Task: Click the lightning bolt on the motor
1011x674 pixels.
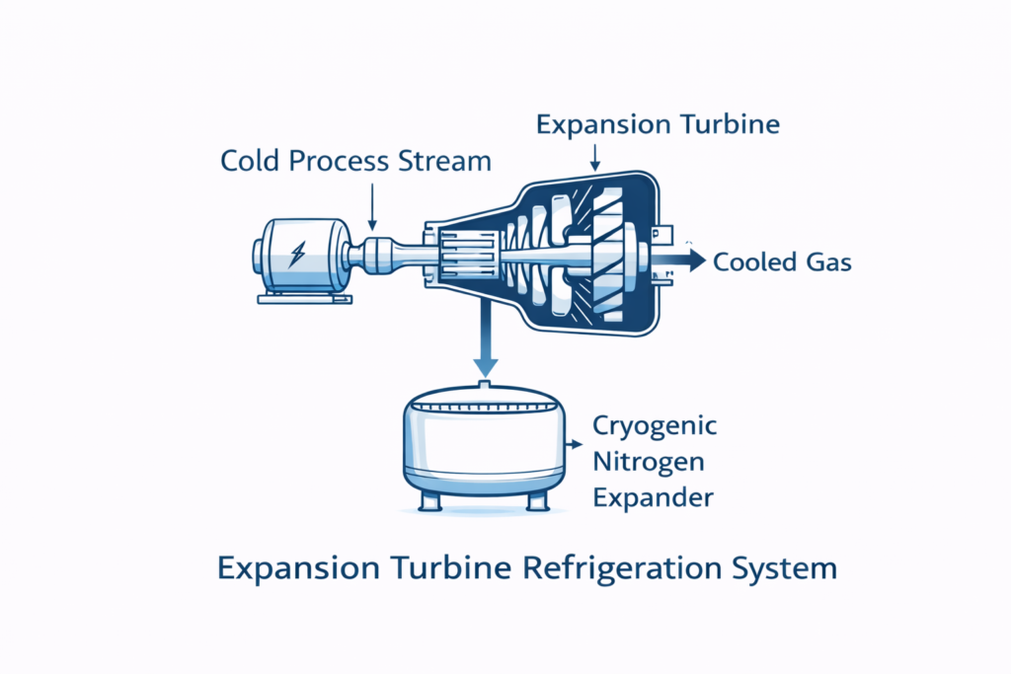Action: click(297, 256)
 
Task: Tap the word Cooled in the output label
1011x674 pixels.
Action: click(756, 262)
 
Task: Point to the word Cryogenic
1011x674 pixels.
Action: click(654, 426)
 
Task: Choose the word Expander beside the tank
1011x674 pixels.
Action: click(652, 497)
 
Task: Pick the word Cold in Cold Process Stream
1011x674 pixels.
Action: click(250, 161)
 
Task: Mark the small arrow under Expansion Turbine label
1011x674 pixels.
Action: click(596, 158)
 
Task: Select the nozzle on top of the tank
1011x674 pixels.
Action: click(484, 383)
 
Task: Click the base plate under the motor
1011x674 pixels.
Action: click(301, 297)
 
